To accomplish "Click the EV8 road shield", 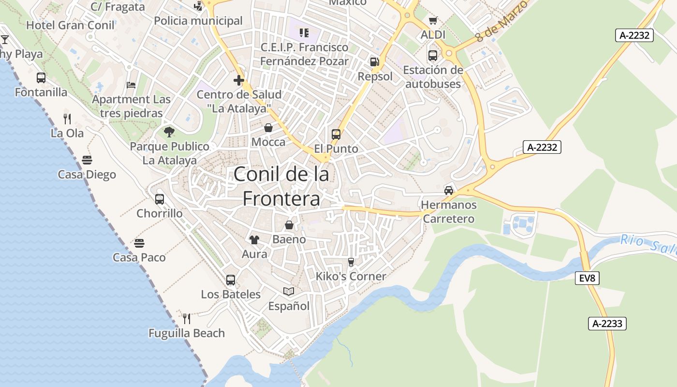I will point(588,278).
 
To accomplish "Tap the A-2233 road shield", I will point(607,324).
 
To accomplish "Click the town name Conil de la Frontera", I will point(281,186).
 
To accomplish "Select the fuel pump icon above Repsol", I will point(374,62).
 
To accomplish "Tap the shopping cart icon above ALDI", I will point(433,20).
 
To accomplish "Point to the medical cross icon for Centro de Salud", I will point(238,80).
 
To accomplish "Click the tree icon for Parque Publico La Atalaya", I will point(169,132).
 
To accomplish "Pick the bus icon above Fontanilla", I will point(41,77).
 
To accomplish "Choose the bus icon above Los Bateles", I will point(231,280).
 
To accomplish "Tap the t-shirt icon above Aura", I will point(254,239).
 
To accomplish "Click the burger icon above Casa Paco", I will point(139,243).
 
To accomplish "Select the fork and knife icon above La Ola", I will point(67,119).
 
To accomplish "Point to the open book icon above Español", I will point(289,291).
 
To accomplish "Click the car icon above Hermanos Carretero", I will point(449,190).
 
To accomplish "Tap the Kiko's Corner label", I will point(351,276).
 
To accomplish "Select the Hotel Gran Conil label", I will point(71,25).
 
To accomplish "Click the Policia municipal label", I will point(198,21).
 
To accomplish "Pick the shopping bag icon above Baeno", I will point(289,225).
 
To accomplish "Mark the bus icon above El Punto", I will point(336,134).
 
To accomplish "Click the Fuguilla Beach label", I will point(187,333).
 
